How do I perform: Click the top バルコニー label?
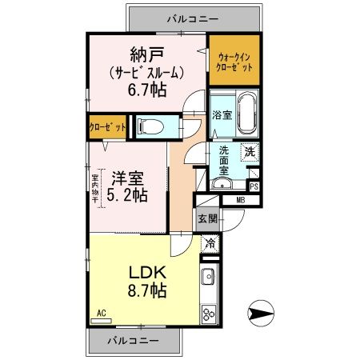coord(192,17)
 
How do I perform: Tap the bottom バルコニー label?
coord(132,340)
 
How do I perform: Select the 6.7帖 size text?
coord(147,90)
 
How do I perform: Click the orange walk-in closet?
coord(234,62)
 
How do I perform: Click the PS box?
coord(254,186)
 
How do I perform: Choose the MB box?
coord(240,200)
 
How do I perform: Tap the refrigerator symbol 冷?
coord(209,244)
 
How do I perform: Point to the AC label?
coord(102,313)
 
